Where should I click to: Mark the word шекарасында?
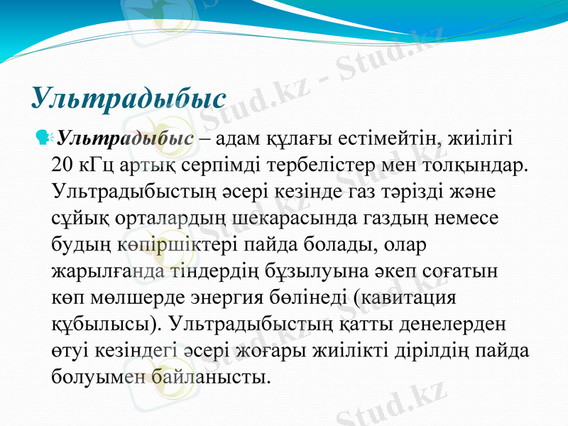[277, 217]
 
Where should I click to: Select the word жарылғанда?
[108, 271]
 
